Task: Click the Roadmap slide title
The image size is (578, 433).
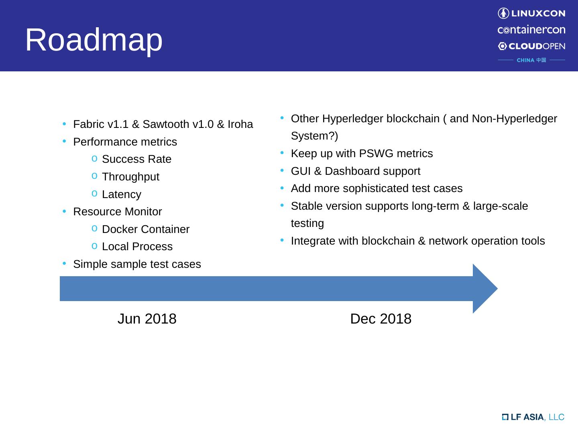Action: (x=94, y=40)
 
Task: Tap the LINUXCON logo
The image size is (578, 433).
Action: (x=531, y=13)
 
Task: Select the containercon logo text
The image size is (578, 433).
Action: (x=531, y=30)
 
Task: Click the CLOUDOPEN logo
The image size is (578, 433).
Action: (x=531, y=46)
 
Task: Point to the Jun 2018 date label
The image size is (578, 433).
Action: (x=147, y=319)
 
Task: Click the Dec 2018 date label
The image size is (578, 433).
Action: (x=381, y=319)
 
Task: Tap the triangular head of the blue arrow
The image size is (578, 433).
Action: (x=484, y=289)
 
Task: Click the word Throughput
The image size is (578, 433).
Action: (x=130, y=177)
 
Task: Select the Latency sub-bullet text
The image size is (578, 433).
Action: (x=122, y=194)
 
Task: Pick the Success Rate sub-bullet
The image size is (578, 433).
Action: (x=136, y=159)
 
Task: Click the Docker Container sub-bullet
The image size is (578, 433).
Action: (x=146, y=229)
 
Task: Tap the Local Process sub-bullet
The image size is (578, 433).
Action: (x=137, y=247)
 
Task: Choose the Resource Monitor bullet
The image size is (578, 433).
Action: (x=118, y=212)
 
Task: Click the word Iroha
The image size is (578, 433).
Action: (x=240, y=125)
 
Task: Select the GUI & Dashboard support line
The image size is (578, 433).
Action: (x=355, y=171)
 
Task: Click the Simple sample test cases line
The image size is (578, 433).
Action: (x=137, y=264)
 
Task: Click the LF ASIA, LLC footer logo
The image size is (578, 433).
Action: (x=533, y=417)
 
